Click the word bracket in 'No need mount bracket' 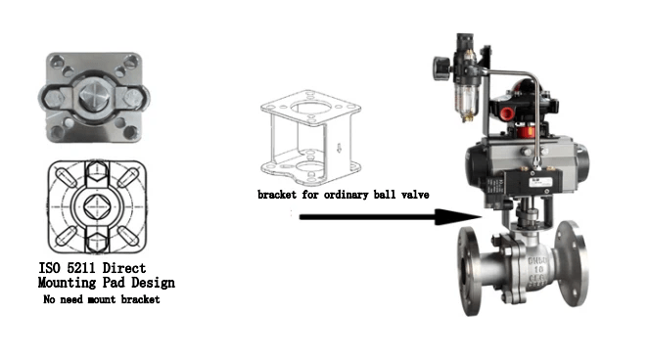pos(139,300)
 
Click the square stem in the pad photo pos(94,99)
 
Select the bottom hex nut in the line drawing pos(95,240)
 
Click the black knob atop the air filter pos(440,67)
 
